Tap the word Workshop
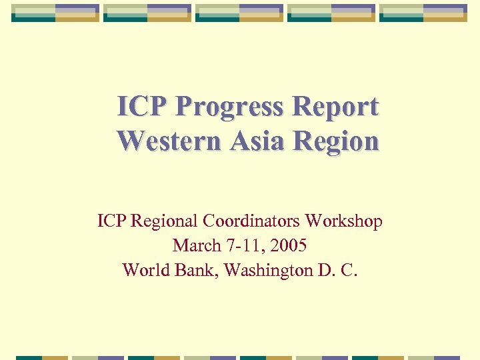[x=344, y=221]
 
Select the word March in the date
[x=197, y=245]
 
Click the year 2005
[x=287, y=245]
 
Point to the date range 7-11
[x=243, y=245]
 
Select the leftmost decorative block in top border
[x=55, y=13]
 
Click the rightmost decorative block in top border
[x=423, y=13]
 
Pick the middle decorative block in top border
[x=239, y=13]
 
